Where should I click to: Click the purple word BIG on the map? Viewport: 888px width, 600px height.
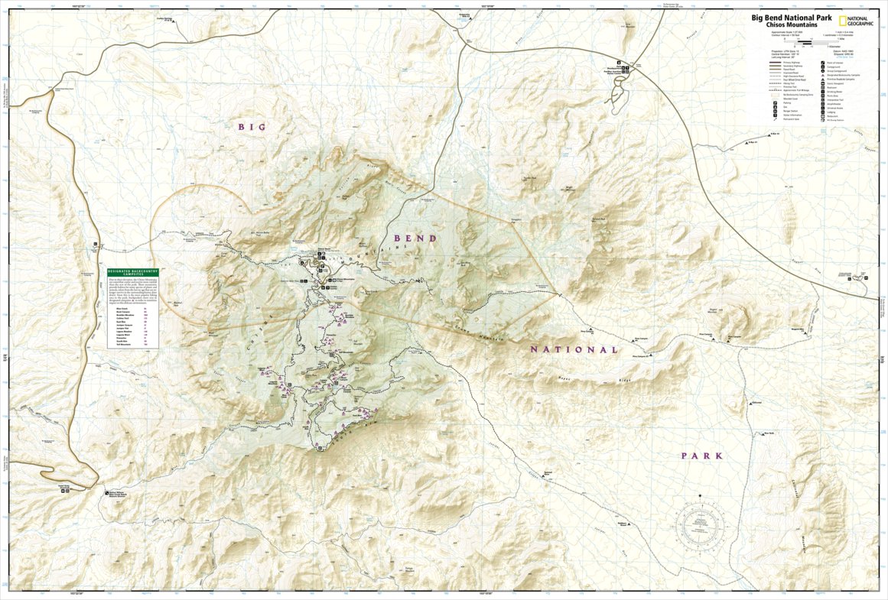click(x=252, y=127)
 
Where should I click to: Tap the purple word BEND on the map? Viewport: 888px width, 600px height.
click(x=415, y=238)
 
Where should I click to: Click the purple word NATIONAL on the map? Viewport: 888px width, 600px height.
click(x=574, y=350)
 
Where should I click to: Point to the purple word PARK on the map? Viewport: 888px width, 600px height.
click(x=701, y=456)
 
